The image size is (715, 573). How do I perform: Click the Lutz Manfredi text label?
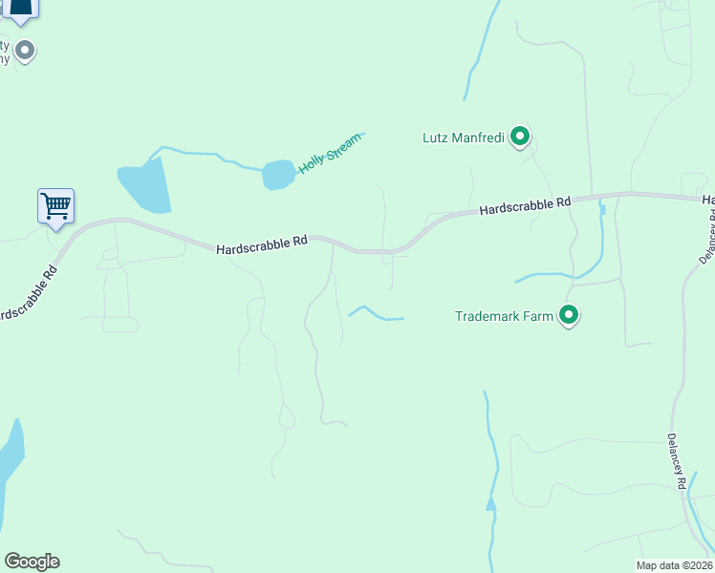coord(464,138)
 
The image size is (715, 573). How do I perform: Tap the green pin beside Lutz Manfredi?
coord(519,138)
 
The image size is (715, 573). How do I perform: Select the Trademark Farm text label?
coord(504,315)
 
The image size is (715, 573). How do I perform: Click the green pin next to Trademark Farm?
coord(569,314)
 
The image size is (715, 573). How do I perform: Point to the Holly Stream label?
coord(331,153)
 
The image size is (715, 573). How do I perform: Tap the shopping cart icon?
coord(56,205)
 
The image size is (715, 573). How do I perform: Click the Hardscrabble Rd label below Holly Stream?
coord(261,244)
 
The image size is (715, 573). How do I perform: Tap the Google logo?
coord(32,562)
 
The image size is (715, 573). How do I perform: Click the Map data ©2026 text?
coord(674,565)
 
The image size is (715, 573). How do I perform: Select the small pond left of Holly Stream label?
coord(278,175)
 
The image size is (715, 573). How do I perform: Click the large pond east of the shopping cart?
coord(145,185)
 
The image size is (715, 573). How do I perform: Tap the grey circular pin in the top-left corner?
coord(26,50)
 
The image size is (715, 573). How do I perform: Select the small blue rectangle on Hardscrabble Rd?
coord(601,209)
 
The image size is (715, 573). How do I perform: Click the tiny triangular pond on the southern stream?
coord(490,503)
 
